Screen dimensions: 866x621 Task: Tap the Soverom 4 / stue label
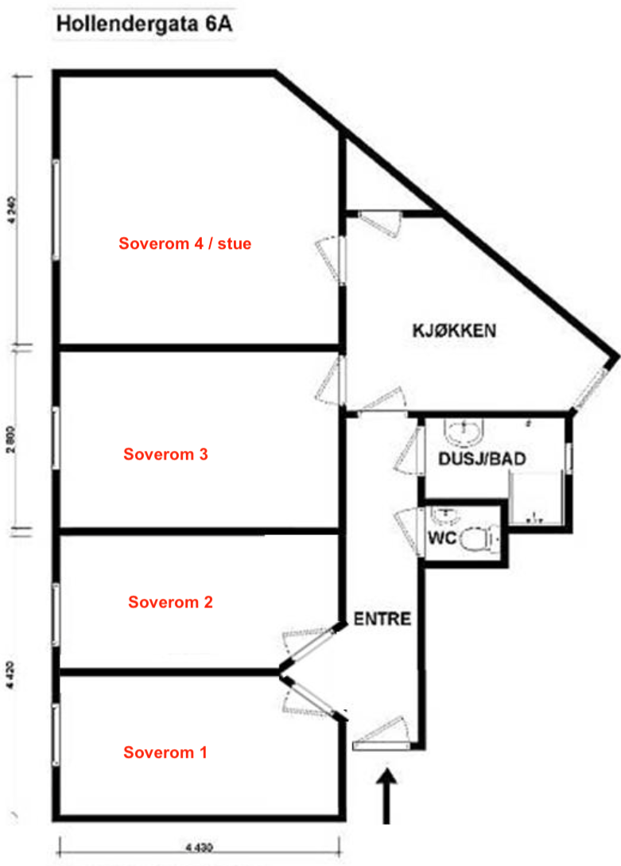coord(184,244)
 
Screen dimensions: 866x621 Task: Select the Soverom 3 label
coord(166,455)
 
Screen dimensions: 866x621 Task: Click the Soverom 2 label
coord(170,602)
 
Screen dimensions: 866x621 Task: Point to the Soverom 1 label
coord(165,752)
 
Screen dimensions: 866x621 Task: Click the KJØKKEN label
coord(454,330)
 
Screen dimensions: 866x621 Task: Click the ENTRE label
coord(382,619)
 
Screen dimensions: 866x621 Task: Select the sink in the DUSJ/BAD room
coord(462,433)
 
